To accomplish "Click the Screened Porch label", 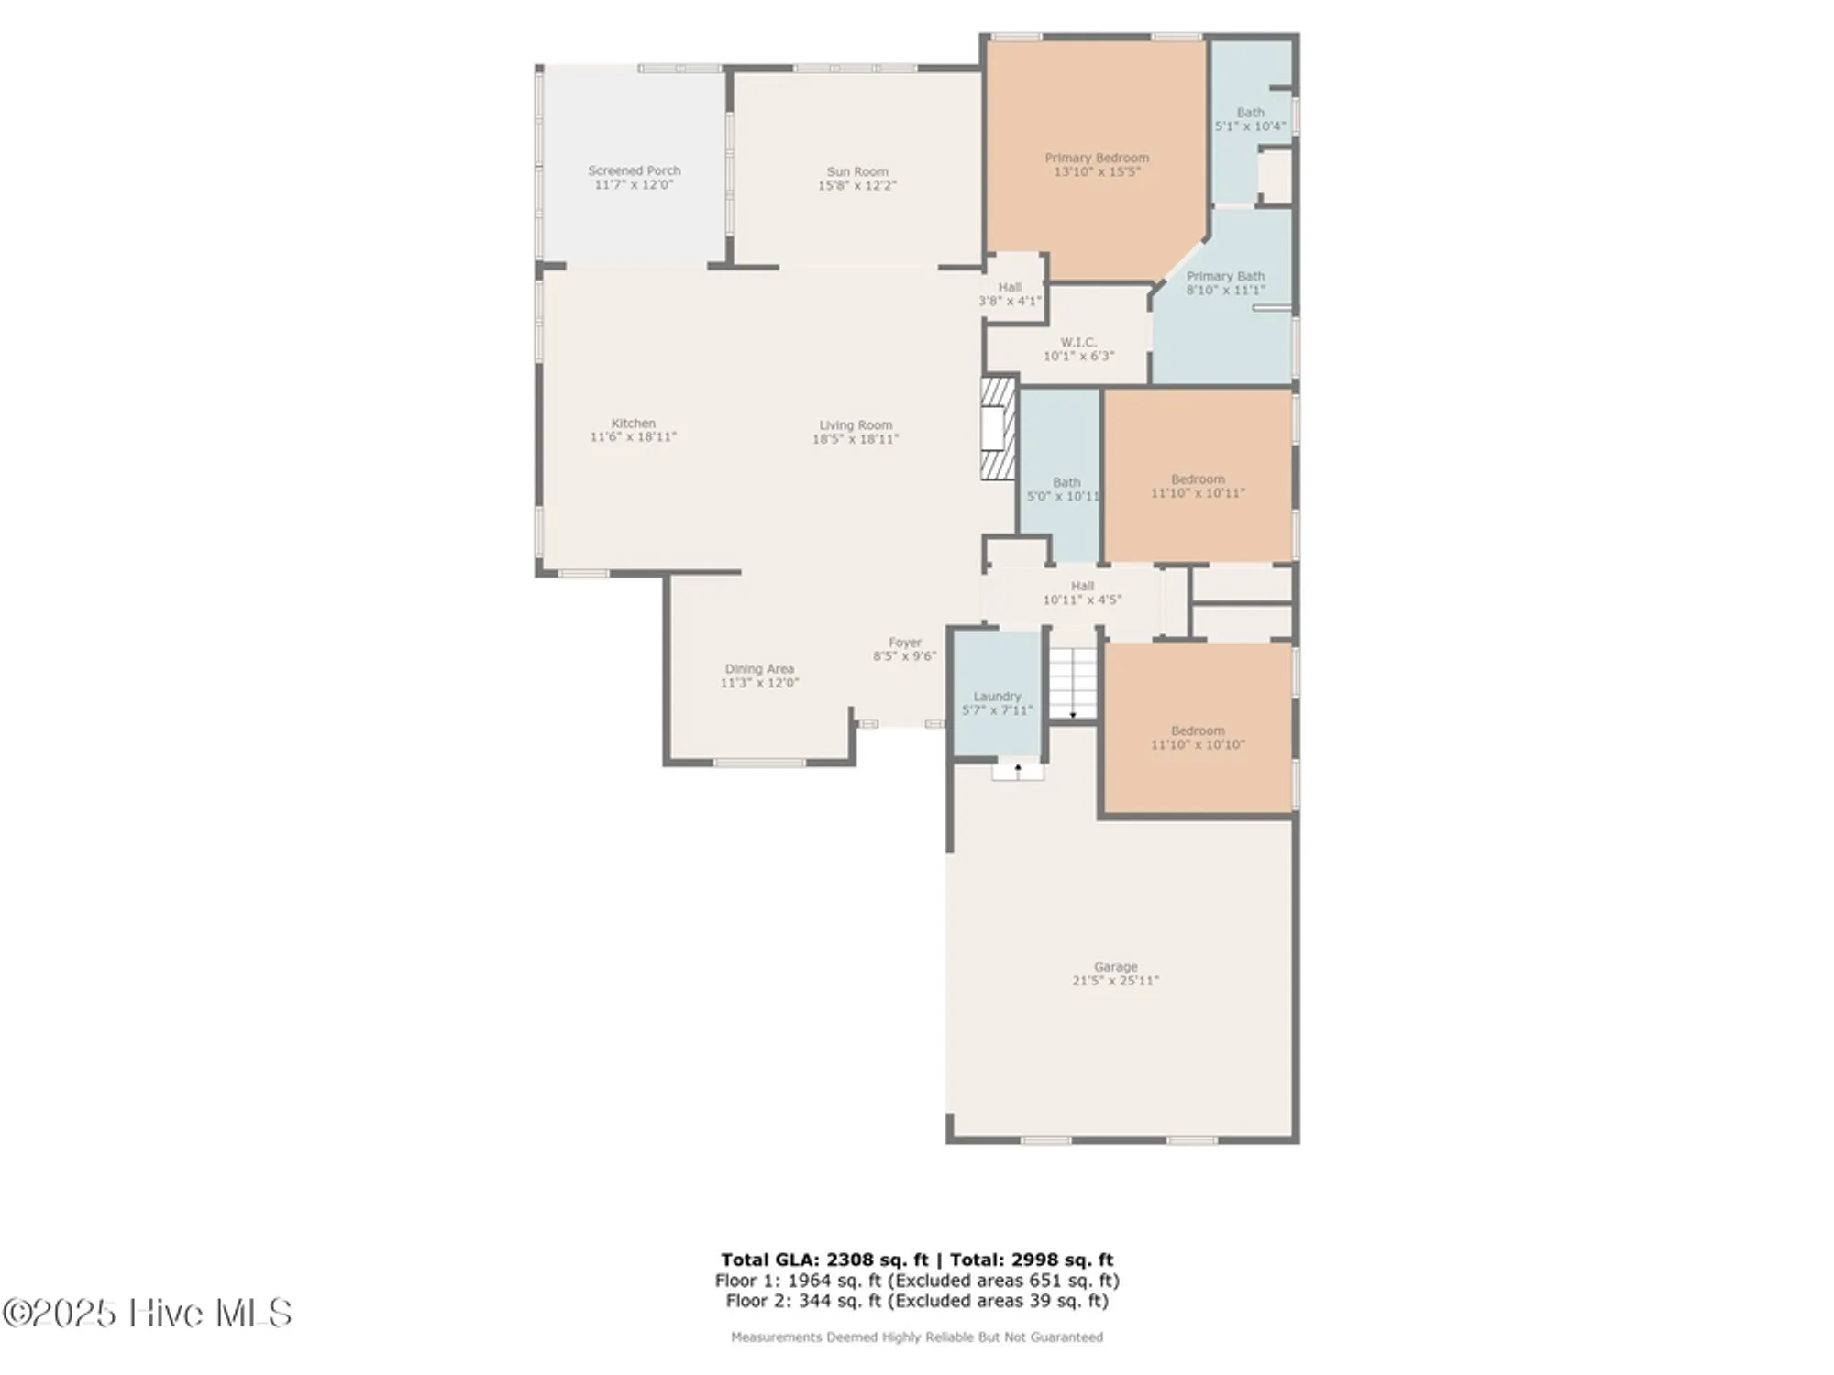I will (x=634, y=170).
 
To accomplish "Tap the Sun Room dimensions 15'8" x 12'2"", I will (x=856, y=185).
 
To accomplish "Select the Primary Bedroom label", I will (x=1097, y=158).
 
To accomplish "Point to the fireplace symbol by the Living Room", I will (x=997, y=428).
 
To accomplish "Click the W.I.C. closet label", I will (x=1078, y=342).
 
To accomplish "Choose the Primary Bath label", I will (x=1225, y=276).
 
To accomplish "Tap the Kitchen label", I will (x=633, y=423).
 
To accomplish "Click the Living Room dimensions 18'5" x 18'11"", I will (x=855, y=439).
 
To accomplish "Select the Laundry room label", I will (x=997, y=697).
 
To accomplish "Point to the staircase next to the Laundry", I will (x=1073, y=683).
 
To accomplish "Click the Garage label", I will (x=1115, y=967).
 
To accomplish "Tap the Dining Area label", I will (x=759, y=669).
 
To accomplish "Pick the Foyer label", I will (x=904, y=643).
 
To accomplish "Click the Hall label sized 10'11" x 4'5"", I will (x=1082, y=586).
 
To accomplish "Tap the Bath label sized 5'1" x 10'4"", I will (x=1250, y=113).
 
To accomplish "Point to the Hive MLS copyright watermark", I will (x=147, y=1313).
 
